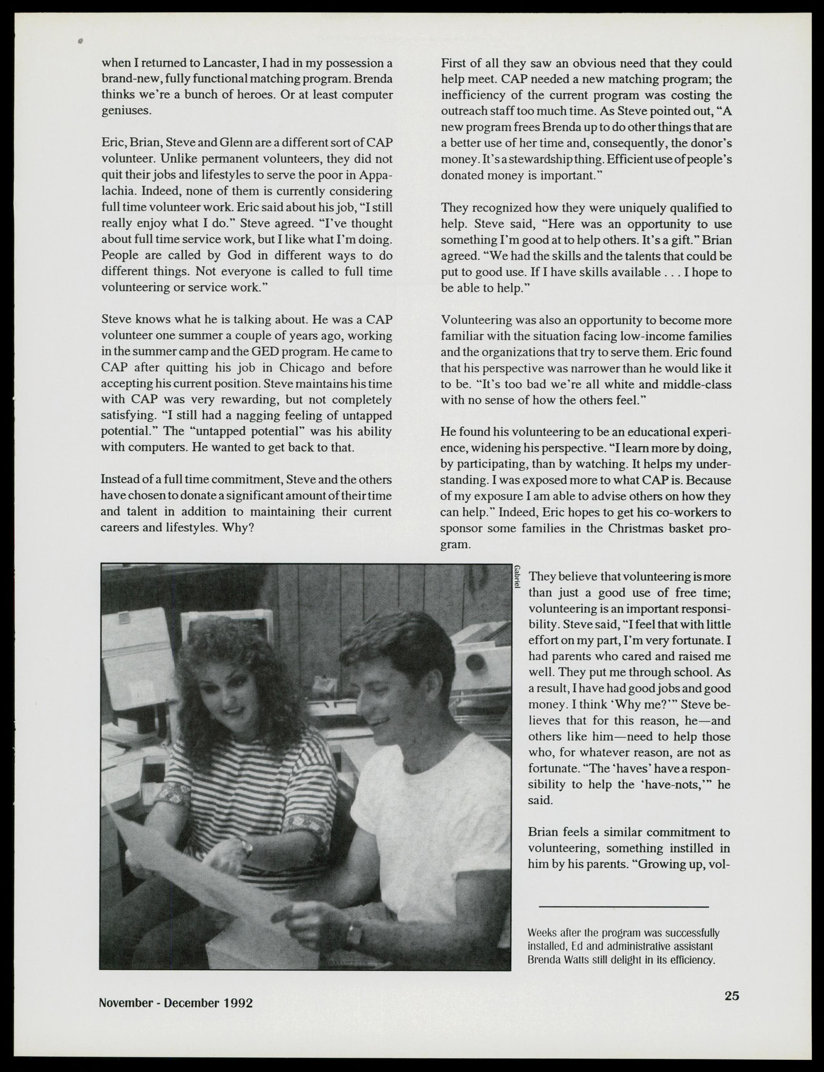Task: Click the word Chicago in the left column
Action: (x=302, y=368)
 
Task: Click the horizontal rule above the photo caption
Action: (x=623, y=906)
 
